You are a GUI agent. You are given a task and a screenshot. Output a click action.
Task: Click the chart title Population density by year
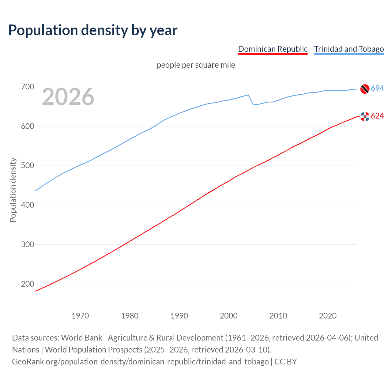coord(93,30)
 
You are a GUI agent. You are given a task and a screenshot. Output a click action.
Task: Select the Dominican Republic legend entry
coord(273,49)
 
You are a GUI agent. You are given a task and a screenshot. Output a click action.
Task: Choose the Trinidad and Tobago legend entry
coord(349,49)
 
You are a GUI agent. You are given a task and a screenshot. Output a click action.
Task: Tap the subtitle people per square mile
coord(196,65)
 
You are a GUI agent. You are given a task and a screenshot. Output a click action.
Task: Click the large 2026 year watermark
coord(68,97)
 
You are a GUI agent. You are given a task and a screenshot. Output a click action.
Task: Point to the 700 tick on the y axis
coord(27,87)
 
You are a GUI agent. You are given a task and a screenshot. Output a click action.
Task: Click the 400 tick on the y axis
coord(27,205)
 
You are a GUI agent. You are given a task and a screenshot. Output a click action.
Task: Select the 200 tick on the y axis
coord(27,284)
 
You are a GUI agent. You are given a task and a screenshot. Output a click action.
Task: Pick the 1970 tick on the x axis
coord(80,316)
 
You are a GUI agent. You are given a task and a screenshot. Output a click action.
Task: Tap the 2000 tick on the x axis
coord(228,316)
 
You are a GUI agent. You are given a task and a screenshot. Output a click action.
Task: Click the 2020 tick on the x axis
coord(328,316)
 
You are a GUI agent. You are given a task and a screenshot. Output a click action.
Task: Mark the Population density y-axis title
coord(13,190)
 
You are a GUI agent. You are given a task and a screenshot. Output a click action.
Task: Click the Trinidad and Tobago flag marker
coord(365,89)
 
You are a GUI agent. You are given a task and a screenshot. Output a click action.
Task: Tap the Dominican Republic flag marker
coord(365,116)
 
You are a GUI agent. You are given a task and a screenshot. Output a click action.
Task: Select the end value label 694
coord(377,89)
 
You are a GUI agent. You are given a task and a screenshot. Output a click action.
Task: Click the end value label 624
coord(377,116)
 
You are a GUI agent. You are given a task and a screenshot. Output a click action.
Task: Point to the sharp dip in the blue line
coord(253,104)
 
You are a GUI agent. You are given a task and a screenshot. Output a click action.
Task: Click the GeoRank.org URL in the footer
coord(140,362)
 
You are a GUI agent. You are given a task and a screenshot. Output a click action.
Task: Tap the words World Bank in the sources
coord(81,338)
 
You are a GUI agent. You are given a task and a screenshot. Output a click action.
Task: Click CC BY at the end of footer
coord(285,362)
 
